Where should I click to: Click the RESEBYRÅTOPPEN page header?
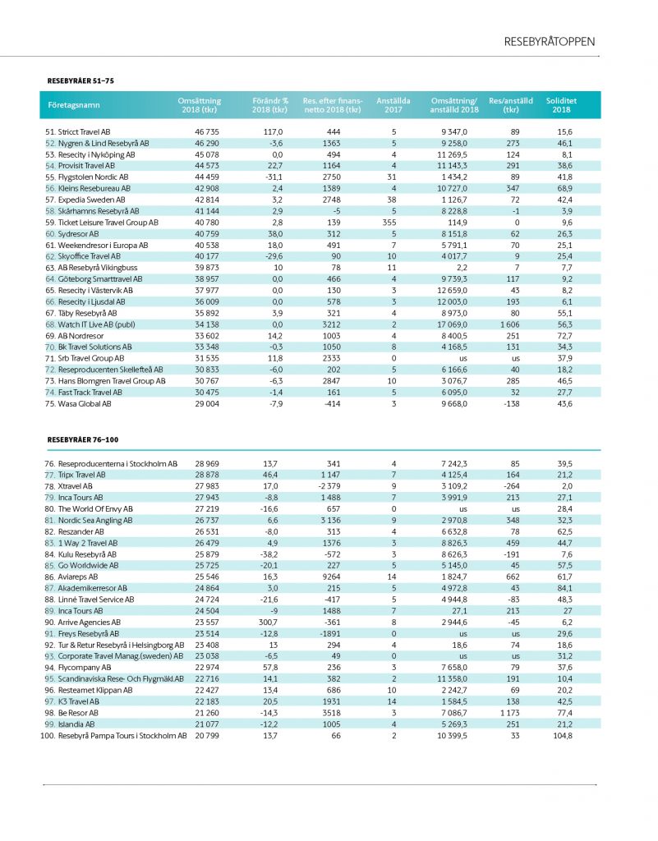coord(550,42)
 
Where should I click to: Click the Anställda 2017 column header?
coord(393,105)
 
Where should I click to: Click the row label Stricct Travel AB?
coord(78,131)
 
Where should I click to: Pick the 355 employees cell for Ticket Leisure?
coord(393,223)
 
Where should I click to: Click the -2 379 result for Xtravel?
coord(333,486)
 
